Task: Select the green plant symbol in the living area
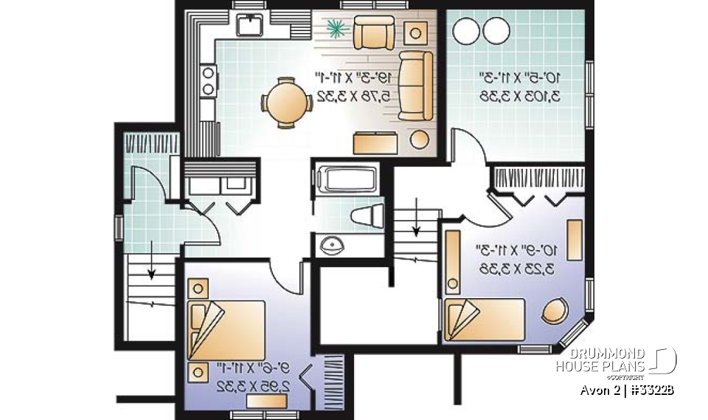[x=336, y=29]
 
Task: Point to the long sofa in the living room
[x=417, y=85]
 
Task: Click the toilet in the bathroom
[x=367, y=216]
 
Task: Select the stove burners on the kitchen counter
[x=208, y=81]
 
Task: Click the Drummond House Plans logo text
[x=600, y=359]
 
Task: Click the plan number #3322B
[x=653, y=389]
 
